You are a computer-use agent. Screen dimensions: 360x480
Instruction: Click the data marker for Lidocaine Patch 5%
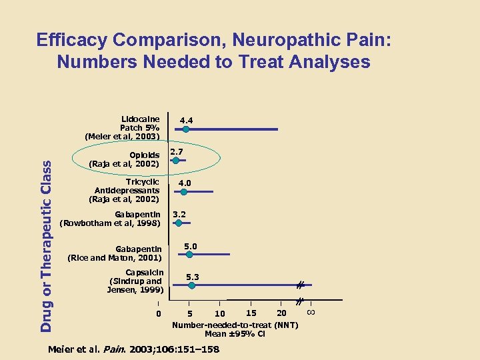pos(186,129)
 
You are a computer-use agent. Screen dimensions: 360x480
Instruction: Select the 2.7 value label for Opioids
pos(177,153)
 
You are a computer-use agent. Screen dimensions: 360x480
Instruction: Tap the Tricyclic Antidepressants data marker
pos(183,192)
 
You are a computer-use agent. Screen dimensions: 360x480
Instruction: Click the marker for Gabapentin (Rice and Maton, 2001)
pos(189,254)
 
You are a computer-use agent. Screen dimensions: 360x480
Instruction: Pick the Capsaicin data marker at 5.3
pos(191,285)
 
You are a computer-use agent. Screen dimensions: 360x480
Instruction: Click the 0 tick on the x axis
pos(158,313)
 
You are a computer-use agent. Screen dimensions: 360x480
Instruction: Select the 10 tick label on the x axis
pos(219,314)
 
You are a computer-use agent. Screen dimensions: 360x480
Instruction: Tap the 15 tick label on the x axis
pos(251,313)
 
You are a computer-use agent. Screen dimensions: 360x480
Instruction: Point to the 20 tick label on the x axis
pos(281,313)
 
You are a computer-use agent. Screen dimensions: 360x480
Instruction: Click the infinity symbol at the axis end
pos(311,311)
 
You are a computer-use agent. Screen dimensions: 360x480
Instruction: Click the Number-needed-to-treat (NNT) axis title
pos(235,325)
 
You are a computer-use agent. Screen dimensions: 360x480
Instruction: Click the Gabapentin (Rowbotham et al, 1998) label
pos(111,219)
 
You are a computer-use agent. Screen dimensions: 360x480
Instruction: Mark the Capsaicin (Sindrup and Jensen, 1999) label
pos(135,281)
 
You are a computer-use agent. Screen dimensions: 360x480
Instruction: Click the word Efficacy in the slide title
pos(72,40)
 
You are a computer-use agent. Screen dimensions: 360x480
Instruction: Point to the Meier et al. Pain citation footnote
pos(133,349)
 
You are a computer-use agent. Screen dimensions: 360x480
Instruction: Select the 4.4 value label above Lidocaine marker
pos(185,121)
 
